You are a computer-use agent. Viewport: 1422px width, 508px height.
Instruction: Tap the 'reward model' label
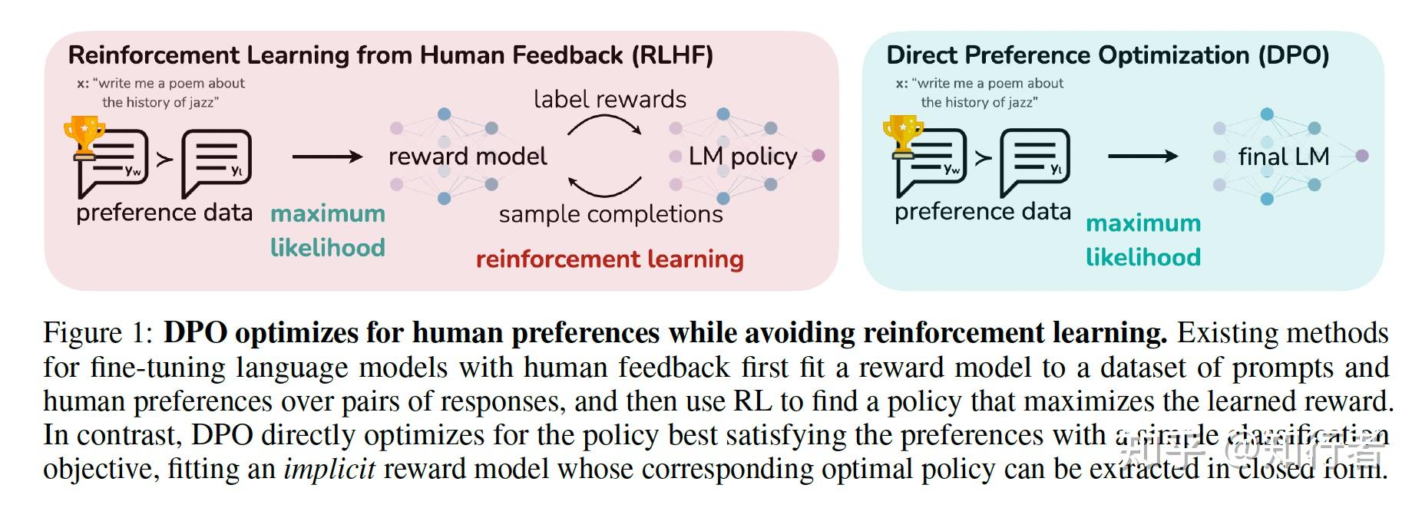pos(468,157)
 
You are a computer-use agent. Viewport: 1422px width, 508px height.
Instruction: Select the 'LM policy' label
pos(742,157)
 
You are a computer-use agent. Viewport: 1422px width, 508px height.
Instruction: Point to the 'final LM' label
pos(1283,157)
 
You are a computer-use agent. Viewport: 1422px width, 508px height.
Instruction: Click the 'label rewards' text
pos(610,99)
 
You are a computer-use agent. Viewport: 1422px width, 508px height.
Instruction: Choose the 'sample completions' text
pos(610,214)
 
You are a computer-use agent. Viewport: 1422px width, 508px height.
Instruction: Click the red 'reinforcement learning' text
pos(610,259)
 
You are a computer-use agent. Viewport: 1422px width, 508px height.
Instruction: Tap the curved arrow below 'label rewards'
pos(605,125)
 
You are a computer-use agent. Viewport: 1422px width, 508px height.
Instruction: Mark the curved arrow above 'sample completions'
pos(605,186)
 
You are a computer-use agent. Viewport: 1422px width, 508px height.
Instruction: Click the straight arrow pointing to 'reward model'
pos(327,157)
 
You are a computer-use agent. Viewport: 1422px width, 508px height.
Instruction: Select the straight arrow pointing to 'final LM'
pos(1143,157)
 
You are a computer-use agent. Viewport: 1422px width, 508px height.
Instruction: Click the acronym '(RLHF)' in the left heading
pos(673,55)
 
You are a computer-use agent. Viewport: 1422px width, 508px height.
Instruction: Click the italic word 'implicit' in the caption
pos(329,469)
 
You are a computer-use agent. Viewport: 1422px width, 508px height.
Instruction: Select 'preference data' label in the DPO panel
pos(982,212)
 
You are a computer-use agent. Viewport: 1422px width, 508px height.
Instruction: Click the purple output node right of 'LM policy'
pos(818,156)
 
